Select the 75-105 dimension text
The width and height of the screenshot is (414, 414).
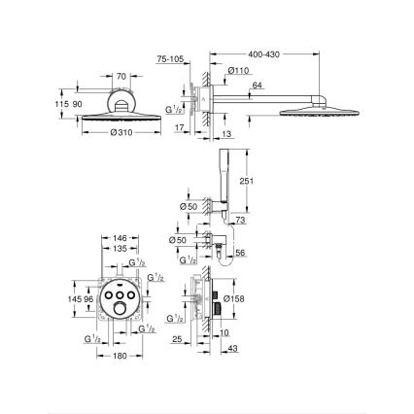click(x=171, y=59)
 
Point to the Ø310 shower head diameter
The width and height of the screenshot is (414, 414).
click(x=121, y=132)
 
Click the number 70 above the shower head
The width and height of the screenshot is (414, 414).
click(x=121, y=75)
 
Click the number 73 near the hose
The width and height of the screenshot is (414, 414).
click(x=241, y=221)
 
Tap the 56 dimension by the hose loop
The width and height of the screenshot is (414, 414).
click(x=241, y=253)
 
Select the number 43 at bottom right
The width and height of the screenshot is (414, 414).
click(x=233, y=350)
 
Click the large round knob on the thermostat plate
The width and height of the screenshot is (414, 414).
click(x=121, y=311)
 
